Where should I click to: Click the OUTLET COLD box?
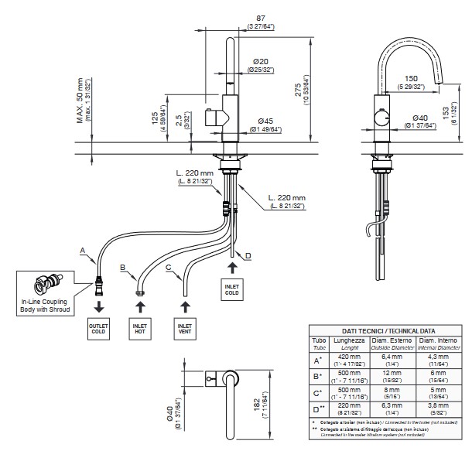click(x=99, y=330)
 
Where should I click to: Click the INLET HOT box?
click(x=141, y=330)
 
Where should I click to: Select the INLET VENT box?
click(x=184, y=330)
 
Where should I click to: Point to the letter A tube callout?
click(x=82, y=250)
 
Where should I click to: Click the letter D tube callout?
click(x=248, y=256)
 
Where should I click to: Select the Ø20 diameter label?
click(x=260, y=61)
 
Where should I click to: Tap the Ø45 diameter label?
click(x=265, y=120)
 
